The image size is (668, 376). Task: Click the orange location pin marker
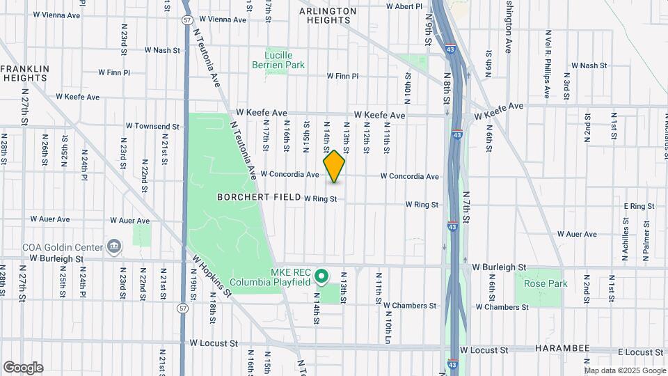[x=334, y=166]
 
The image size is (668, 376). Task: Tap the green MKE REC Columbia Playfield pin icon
[x=321, y=277]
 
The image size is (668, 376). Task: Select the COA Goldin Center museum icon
[x=113, y=246]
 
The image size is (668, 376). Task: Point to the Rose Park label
[x=546, y=283]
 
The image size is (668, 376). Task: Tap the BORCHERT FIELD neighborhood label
[x=257, y=197]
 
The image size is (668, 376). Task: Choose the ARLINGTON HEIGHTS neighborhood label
[x=328, y=16]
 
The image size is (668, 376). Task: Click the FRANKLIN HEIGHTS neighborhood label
[x=24, y=73]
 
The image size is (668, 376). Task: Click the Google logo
[x=23, y=368]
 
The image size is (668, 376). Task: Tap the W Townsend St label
[x=152, y=126]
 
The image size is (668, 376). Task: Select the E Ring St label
[x=639, y=206]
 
